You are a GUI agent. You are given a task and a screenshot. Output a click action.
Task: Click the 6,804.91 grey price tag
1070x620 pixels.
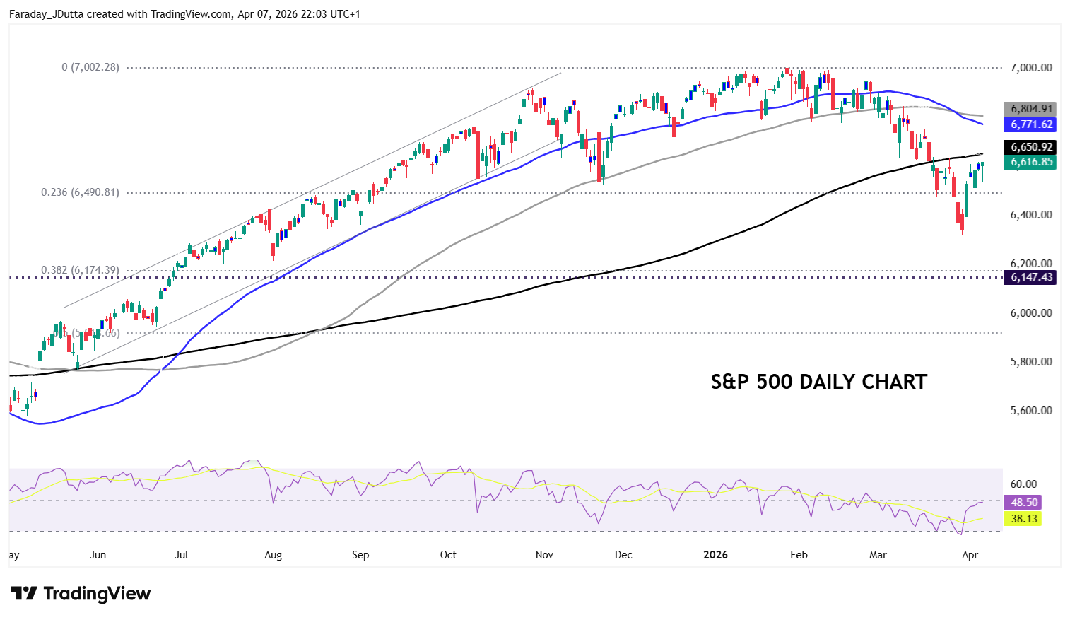1030,109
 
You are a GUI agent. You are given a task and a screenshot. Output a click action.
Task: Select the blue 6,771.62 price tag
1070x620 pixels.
1030,124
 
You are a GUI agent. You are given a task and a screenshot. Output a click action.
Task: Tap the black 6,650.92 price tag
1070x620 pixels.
1030,147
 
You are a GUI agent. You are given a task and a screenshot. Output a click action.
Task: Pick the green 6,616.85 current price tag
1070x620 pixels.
1030,162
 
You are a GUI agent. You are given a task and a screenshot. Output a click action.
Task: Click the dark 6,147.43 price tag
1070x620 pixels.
1030,277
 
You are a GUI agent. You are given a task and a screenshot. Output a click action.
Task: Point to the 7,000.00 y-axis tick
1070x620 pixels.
1031,68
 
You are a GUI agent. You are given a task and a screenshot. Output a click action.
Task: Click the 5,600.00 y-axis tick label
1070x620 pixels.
1031,411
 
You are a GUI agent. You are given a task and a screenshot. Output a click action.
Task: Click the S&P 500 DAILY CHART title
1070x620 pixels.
818,382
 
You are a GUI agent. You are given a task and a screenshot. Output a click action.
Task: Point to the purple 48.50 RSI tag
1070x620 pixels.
1023,503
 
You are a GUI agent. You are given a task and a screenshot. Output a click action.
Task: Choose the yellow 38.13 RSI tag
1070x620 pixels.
1023,519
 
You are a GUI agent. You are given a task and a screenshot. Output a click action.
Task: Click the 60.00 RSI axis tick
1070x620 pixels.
1023,484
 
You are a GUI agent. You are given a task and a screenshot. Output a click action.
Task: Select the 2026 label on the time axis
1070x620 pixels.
715,555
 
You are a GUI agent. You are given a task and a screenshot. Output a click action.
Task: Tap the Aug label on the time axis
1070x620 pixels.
273,555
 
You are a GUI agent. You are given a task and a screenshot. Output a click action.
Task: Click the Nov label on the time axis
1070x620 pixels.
544,555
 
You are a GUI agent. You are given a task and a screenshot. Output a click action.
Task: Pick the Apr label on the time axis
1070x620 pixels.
970,555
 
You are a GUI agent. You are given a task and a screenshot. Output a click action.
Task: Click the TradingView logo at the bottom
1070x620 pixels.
81,593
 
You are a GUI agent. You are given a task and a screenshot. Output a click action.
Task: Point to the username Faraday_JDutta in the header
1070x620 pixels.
46,14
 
